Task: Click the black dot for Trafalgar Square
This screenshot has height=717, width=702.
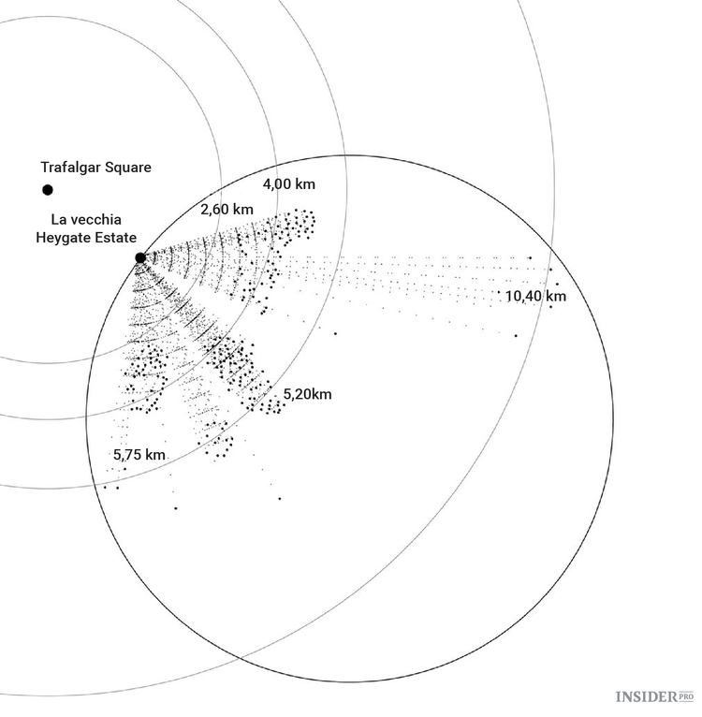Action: click(x=47, y=190)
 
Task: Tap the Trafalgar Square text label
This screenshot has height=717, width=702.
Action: click(x=95, y=168)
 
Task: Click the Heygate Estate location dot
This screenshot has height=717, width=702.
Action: click(x=140, y=257)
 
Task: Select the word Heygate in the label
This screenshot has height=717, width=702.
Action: click(x=65, y=238)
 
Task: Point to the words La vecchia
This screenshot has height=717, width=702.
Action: click(x=86, y=220)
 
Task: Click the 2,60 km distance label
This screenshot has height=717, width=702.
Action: click(x=227, y=209)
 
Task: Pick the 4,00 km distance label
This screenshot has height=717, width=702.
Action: click(x=289, y=184)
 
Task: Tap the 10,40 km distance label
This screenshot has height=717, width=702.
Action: click(x=535, y=297)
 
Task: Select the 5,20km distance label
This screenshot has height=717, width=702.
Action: click(x=307, y=394)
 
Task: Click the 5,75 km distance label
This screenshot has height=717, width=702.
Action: click(x=139, y=454)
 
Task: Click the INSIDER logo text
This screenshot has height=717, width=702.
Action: click(x=647, y=696)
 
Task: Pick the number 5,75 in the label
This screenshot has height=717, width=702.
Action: click(x=128, y=454)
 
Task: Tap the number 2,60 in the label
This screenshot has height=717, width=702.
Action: click(x=215, y=209)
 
